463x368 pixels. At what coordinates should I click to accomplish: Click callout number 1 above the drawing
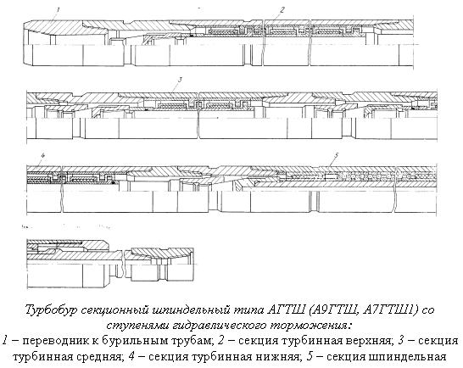pos(59,9)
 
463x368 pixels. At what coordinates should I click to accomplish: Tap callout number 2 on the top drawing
pos(282,9)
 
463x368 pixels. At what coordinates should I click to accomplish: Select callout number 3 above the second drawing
pos(180,80)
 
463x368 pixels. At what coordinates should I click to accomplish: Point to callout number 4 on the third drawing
pos(42,156)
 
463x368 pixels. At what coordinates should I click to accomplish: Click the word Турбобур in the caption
pos(51,310)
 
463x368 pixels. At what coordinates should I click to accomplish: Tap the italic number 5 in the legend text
pos(310,356)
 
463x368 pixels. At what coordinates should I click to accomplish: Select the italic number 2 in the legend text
pos(220,341)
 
